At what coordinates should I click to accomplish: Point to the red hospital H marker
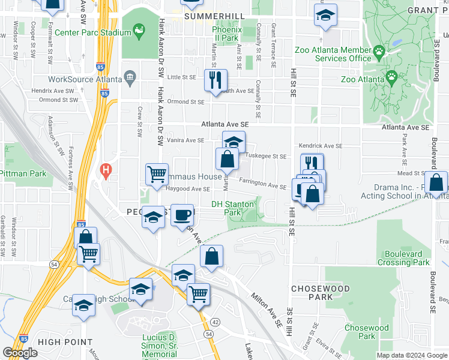pos(107,171)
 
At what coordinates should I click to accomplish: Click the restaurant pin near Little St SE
pos(215,80)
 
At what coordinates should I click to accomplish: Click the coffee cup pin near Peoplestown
pos(182,215)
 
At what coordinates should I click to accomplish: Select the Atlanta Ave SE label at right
pos(406,128)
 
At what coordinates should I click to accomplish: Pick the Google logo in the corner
pos(20,353)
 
